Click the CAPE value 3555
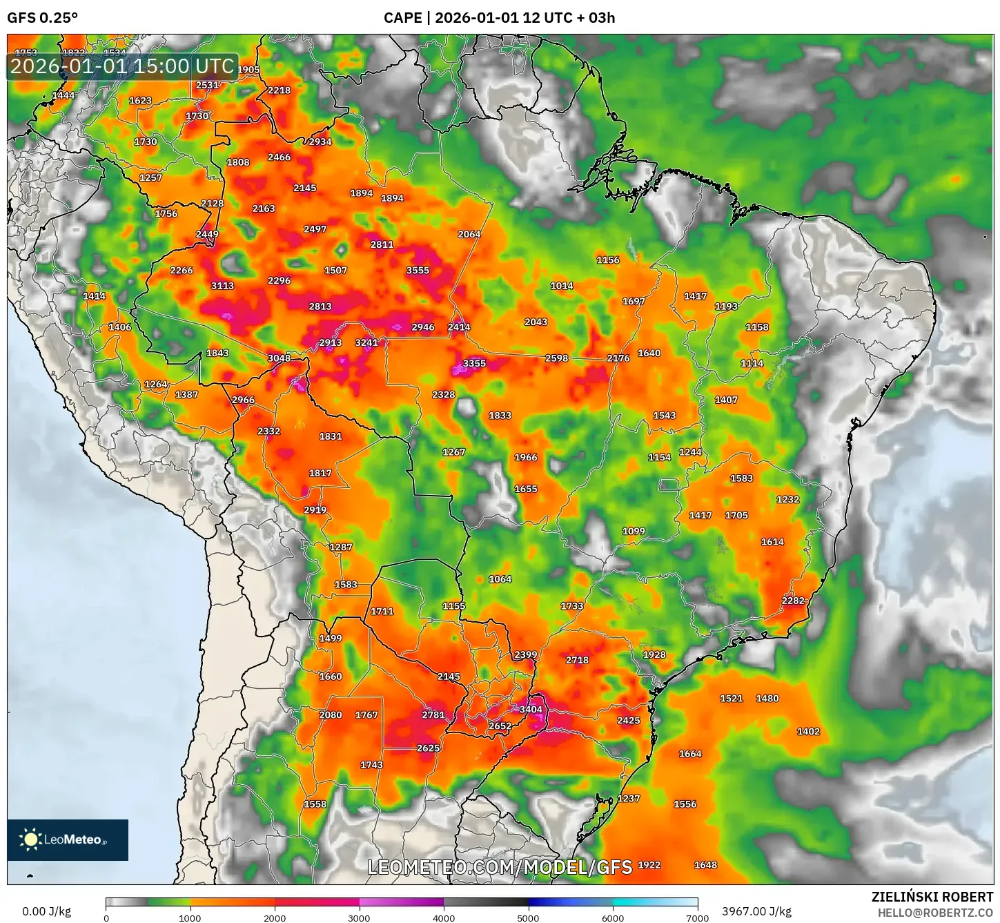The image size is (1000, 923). coord(418,271)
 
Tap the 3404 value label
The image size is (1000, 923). coord(531,710)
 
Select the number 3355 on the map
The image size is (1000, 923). coord(474,363)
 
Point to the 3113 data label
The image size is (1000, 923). coord(222,286)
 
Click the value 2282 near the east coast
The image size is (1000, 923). coord(793,601)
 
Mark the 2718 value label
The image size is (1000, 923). coord(577,660)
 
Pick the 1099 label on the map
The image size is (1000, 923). coord(634,532)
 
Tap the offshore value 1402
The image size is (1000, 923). coord(808,732)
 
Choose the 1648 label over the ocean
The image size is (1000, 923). coord(705,865)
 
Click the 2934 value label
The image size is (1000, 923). coord(320,142)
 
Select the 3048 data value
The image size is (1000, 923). coord(279,358)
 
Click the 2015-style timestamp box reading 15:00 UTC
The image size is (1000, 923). coord(122,66)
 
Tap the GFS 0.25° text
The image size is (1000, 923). coord(42,18)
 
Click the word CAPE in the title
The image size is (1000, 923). coord(402,18)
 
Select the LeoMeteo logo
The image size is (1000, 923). coord(67,839)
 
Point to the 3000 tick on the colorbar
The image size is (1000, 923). coord(360,917)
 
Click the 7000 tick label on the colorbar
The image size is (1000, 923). coord(697,917)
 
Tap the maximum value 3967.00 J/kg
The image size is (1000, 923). coord(756,911)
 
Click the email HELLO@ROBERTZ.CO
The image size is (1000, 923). coord(935,913)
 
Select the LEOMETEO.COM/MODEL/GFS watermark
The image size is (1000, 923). coord(499,867)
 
